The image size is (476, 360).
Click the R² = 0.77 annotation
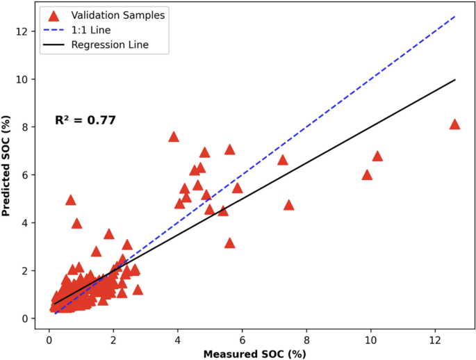(x=85, y=120)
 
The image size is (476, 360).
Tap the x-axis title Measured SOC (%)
(x=255, y=354)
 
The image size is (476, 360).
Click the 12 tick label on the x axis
(x=435, y=340)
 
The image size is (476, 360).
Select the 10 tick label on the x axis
(x=371, y=340)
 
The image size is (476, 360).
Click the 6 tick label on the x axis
(x=243, y=340)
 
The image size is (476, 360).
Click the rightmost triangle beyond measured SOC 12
(x=454, y=124)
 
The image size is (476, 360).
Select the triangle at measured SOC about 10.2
(x=377, y=156)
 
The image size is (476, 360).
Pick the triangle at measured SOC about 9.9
(x=367, y=175)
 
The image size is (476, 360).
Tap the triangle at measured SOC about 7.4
(x=288, y=205)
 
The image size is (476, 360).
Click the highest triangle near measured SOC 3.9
(x=174, y=137)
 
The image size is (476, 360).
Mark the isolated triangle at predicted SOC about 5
(x=70, y=200)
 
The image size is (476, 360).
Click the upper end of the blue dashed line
(x=454, y=16)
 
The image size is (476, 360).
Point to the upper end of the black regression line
(x=454, y=80)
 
